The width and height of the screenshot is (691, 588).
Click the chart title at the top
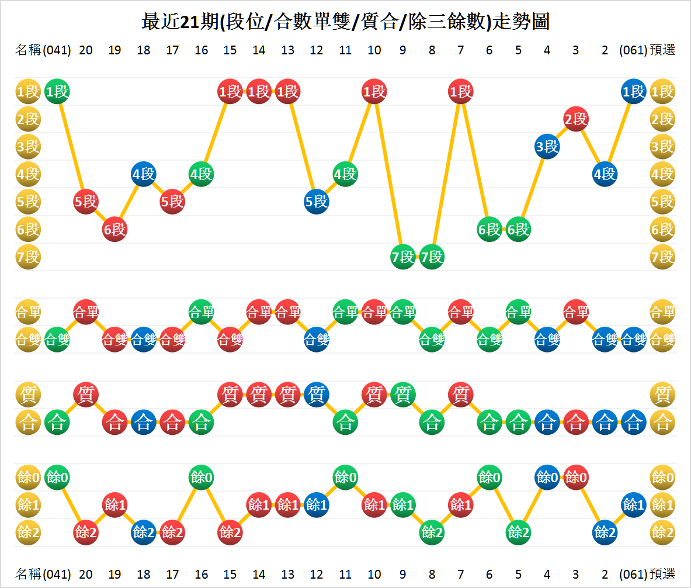pyautogui.click(x=345, y=22)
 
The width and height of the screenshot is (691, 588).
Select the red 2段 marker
pyautogui.click(x=576, y=119)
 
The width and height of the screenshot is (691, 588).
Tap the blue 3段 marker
pyautogui.click(x=547, y=147)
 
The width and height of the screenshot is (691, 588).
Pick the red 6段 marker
pyautogui.click(x=114, y=229)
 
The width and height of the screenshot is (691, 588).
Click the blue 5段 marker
pyautogui.click(x=317, y=202)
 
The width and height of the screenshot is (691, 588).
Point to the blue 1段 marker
pyautogui.click(x=634, y=92)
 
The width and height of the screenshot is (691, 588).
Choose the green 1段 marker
pyautogui.click(x=57, y=92)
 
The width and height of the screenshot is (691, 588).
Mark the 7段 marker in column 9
pyautogui.click(x=403, y=257)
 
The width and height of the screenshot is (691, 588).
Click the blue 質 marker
pyautogui.click(x=317, y=395)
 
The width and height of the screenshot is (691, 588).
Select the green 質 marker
pyautogui.click(x=403, y=395)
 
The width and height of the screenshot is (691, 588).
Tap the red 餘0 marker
pyautogui.click(x=576, y=478)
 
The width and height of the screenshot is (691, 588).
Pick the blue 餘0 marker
pyautogui.click(x=547, y=478)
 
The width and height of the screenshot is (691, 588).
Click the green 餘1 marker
pyautogui.click(x=403, y=504)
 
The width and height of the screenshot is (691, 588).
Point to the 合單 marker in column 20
pyautogui.click(x=86, y=312)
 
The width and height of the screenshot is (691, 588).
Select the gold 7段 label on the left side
pyautogui.click(x=28, y=257)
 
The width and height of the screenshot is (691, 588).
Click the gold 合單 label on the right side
pyautogui.click(x=662, y=312)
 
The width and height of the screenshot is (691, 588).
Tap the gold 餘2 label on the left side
pyautogui.click(x=28, y=532)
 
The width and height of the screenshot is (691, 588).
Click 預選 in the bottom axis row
pyautogui.click(x=662, y=574)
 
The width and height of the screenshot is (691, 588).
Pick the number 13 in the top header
pyautogui.click(x=287, y=50)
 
